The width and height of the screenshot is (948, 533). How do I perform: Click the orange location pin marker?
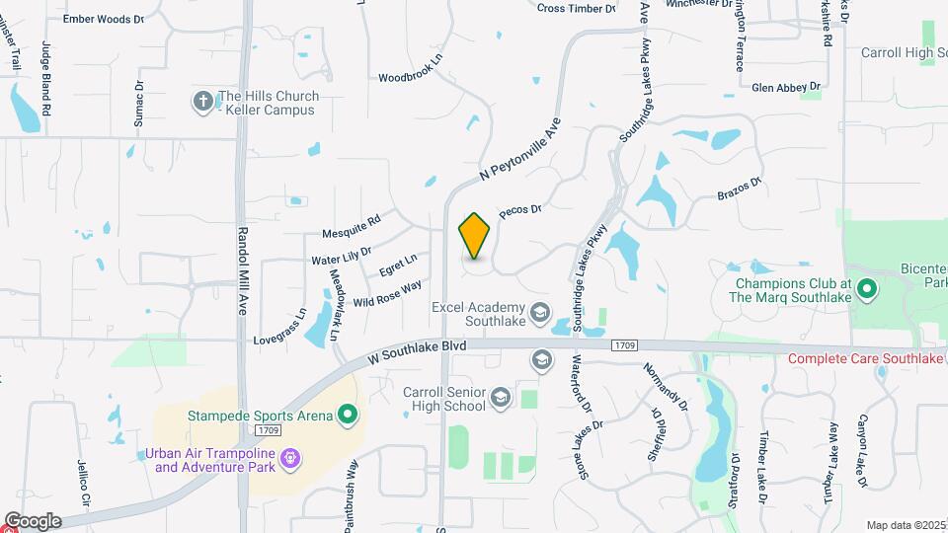coord(475,236)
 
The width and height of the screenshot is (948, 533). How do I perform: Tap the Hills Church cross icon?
coord(203,101)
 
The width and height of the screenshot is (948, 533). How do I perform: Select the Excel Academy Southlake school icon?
coord(540,314)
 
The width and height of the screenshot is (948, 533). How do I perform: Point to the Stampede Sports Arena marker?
coord(347,416)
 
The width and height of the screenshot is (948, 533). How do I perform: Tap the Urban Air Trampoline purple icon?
coord(289,458)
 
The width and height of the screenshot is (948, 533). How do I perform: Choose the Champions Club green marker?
coord(866,289)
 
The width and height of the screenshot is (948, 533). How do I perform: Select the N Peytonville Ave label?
coord(520,149)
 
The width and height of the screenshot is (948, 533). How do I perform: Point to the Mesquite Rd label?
coord(351,227)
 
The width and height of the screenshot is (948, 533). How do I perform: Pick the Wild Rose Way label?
coord(387,292)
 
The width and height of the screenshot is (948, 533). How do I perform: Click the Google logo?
coord(33,520)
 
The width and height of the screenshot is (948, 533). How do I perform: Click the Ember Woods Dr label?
coord(103,19)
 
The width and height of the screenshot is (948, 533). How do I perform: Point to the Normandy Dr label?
coord(665,385)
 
